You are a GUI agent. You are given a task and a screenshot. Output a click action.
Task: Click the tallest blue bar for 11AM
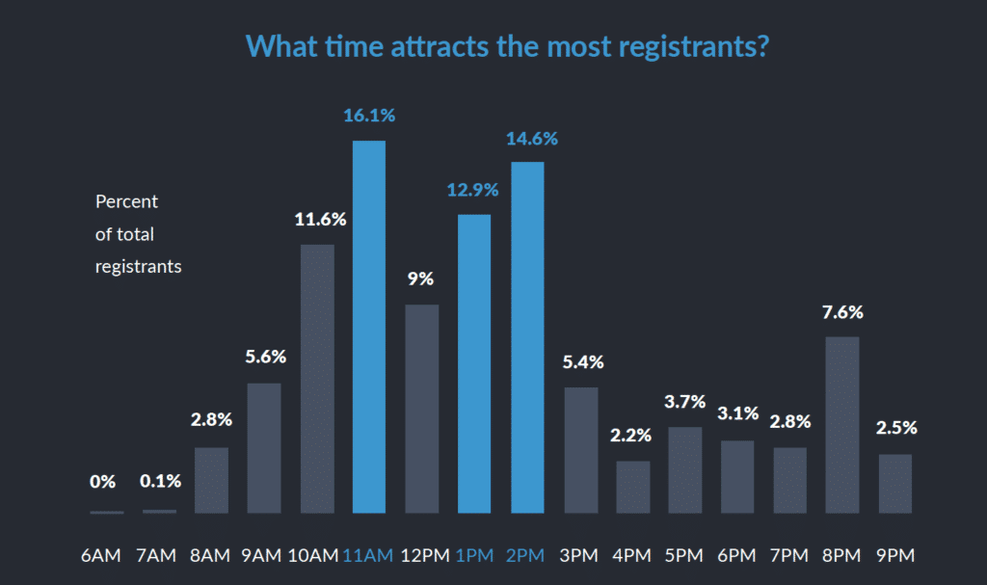point(369,327)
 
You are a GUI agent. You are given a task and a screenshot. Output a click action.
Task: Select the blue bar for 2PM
point(527,337)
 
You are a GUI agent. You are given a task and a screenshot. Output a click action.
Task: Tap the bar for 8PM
point(842,425)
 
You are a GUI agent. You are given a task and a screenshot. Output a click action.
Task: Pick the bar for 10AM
point(317,379)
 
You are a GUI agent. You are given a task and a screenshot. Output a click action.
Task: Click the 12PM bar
point(422,409)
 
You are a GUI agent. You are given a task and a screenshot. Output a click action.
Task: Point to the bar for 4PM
point(632,487)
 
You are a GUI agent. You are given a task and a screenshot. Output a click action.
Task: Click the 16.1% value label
point(369,116)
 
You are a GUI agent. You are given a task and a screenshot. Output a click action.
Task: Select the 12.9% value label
point(472,190)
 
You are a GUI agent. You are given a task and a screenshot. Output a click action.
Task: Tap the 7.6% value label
point(842,312)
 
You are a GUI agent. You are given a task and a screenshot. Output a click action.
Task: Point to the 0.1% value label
point(159,481)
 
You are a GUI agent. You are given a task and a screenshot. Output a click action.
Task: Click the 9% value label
point(421,279)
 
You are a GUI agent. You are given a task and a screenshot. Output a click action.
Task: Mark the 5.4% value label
point(581,362)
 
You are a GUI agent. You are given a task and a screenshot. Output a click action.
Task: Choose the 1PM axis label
point(473,555)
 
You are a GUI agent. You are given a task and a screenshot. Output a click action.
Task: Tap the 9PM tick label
point(895,555)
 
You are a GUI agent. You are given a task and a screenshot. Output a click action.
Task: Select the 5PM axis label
point(685,555)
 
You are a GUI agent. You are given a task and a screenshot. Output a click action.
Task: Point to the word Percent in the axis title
point(126,202)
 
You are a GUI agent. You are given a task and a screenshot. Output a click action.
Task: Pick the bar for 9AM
point(264,448)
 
